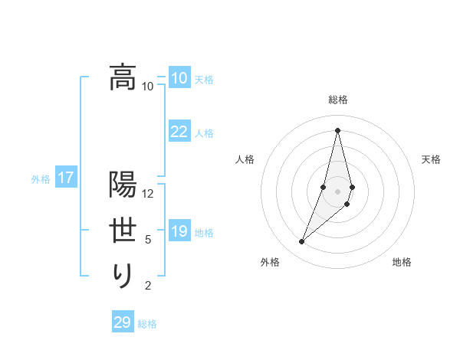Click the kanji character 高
coord(123,77)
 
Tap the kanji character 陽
coord(123,184)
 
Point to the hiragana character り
coord(123,275)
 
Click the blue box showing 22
coord(179,132)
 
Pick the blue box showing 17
coord(65,178)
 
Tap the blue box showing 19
coord(179,231)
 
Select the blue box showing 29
coord(123,322)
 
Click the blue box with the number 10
coord(179,78)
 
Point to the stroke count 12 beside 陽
coord(148,193)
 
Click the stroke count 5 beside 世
coord(148,240)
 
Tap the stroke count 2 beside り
coord(148,286)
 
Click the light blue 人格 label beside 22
coord(204,133)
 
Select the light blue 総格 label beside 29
coord(147,324)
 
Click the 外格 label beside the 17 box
coord(41,179)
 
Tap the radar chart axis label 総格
coord(337,100)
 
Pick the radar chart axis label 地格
coord(402,262)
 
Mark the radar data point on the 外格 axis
coord(301,242)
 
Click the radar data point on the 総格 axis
coord(337,130)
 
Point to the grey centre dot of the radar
coord(337,191)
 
